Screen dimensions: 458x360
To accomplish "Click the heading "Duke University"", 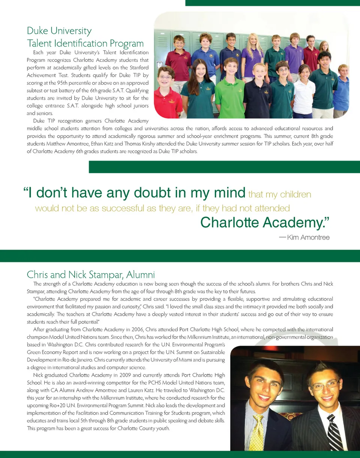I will [x=59, y=31].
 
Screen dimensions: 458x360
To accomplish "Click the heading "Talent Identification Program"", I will [x=85, y=43].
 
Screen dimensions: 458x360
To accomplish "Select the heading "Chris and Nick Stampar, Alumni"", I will [x=91, y=274].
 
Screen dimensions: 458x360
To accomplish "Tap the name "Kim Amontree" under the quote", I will [x=308, y=237].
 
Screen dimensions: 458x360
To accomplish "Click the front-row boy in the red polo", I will [x=167, y=94].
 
